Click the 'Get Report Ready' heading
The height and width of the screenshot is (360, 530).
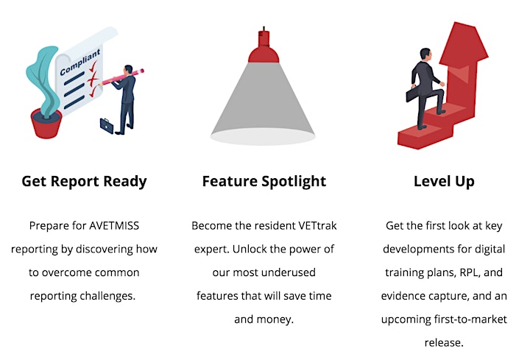point(84,182)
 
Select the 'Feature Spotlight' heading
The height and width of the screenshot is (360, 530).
point(264,182)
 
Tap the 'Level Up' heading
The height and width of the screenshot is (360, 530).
point(444,182)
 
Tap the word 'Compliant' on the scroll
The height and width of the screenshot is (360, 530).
point(80,62)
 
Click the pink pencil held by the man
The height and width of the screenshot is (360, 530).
point(121,77)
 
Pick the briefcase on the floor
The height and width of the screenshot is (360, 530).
point(107,125)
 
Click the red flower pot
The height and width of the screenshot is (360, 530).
point(46,124)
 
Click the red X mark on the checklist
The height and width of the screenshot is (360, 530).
point(93,79)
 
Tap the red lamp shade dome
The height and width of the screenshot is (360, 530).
point(264,54)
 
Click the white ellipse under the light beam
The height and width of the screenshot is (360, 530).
point(263,136)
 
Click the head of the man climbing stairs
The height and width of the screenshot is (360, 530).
point(425,54)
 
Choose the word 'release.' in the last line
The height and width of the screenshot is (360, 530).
point(444,342)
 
